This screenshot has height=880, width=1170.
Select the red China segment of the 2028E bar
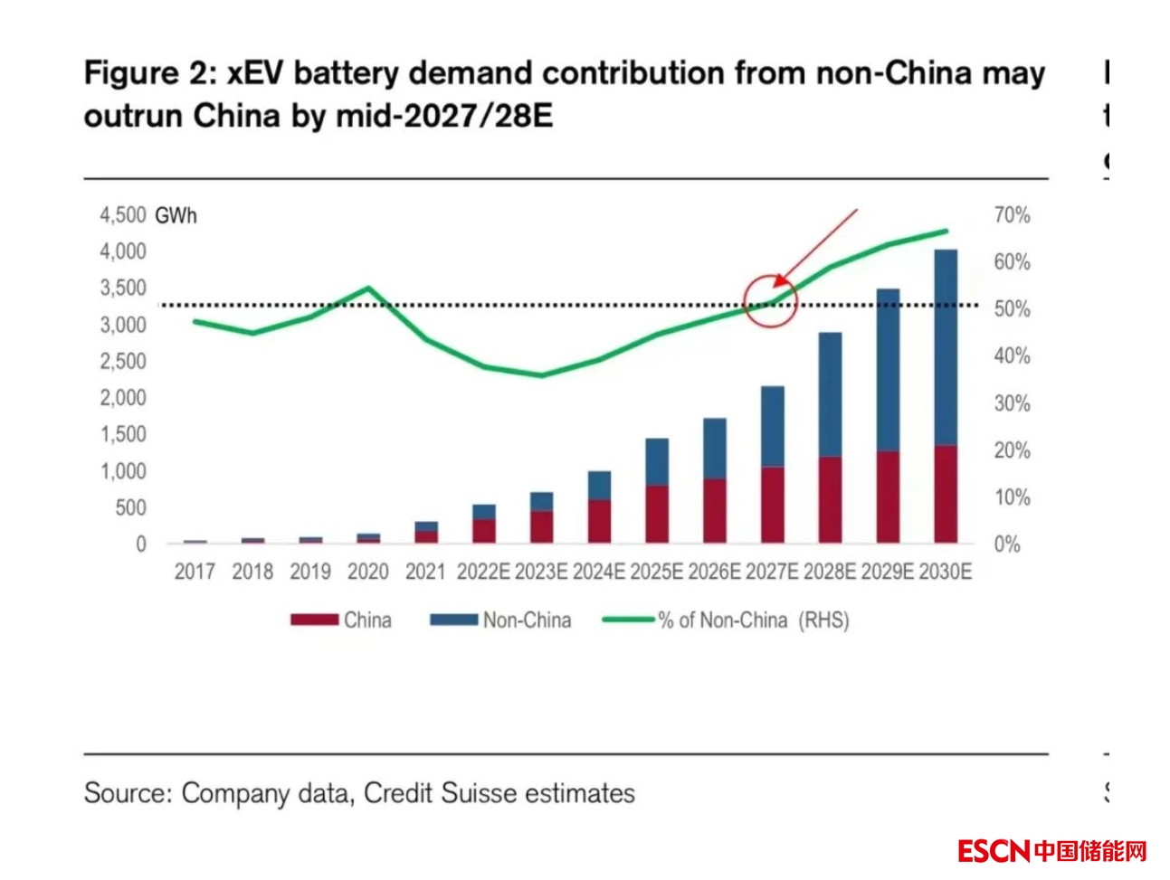(x=830, y=499)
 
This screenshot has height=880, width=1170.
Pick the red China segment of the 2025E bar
(x=657, y=514)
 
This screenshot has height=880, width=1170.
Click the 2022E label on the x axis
(x=483, y=572)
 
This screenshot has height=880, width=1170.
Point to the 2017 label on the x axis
(x=195, y=572)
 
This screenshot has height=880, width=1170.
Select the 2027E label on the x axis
(x=772, y=572)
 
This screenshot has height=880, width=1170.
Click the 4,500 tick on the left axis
(x=122, y=215)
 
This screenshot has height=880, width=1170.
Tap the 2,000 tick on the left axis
(x=122, y=398)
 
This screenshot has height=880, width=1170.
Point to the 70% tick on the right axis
(x=1012, y=215)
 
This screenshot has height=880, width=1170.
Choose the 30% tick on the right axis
(x=1012, y=403)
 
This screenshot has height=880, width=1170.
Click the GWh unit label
(x=176, y=216)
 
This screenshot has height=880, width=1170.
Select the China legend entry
(x=341, y=620)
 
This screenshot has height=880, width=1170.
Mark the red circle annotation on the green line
(x=770, y=300)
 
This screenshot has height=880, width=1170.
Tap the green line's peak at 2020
(x=368, y=289)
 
